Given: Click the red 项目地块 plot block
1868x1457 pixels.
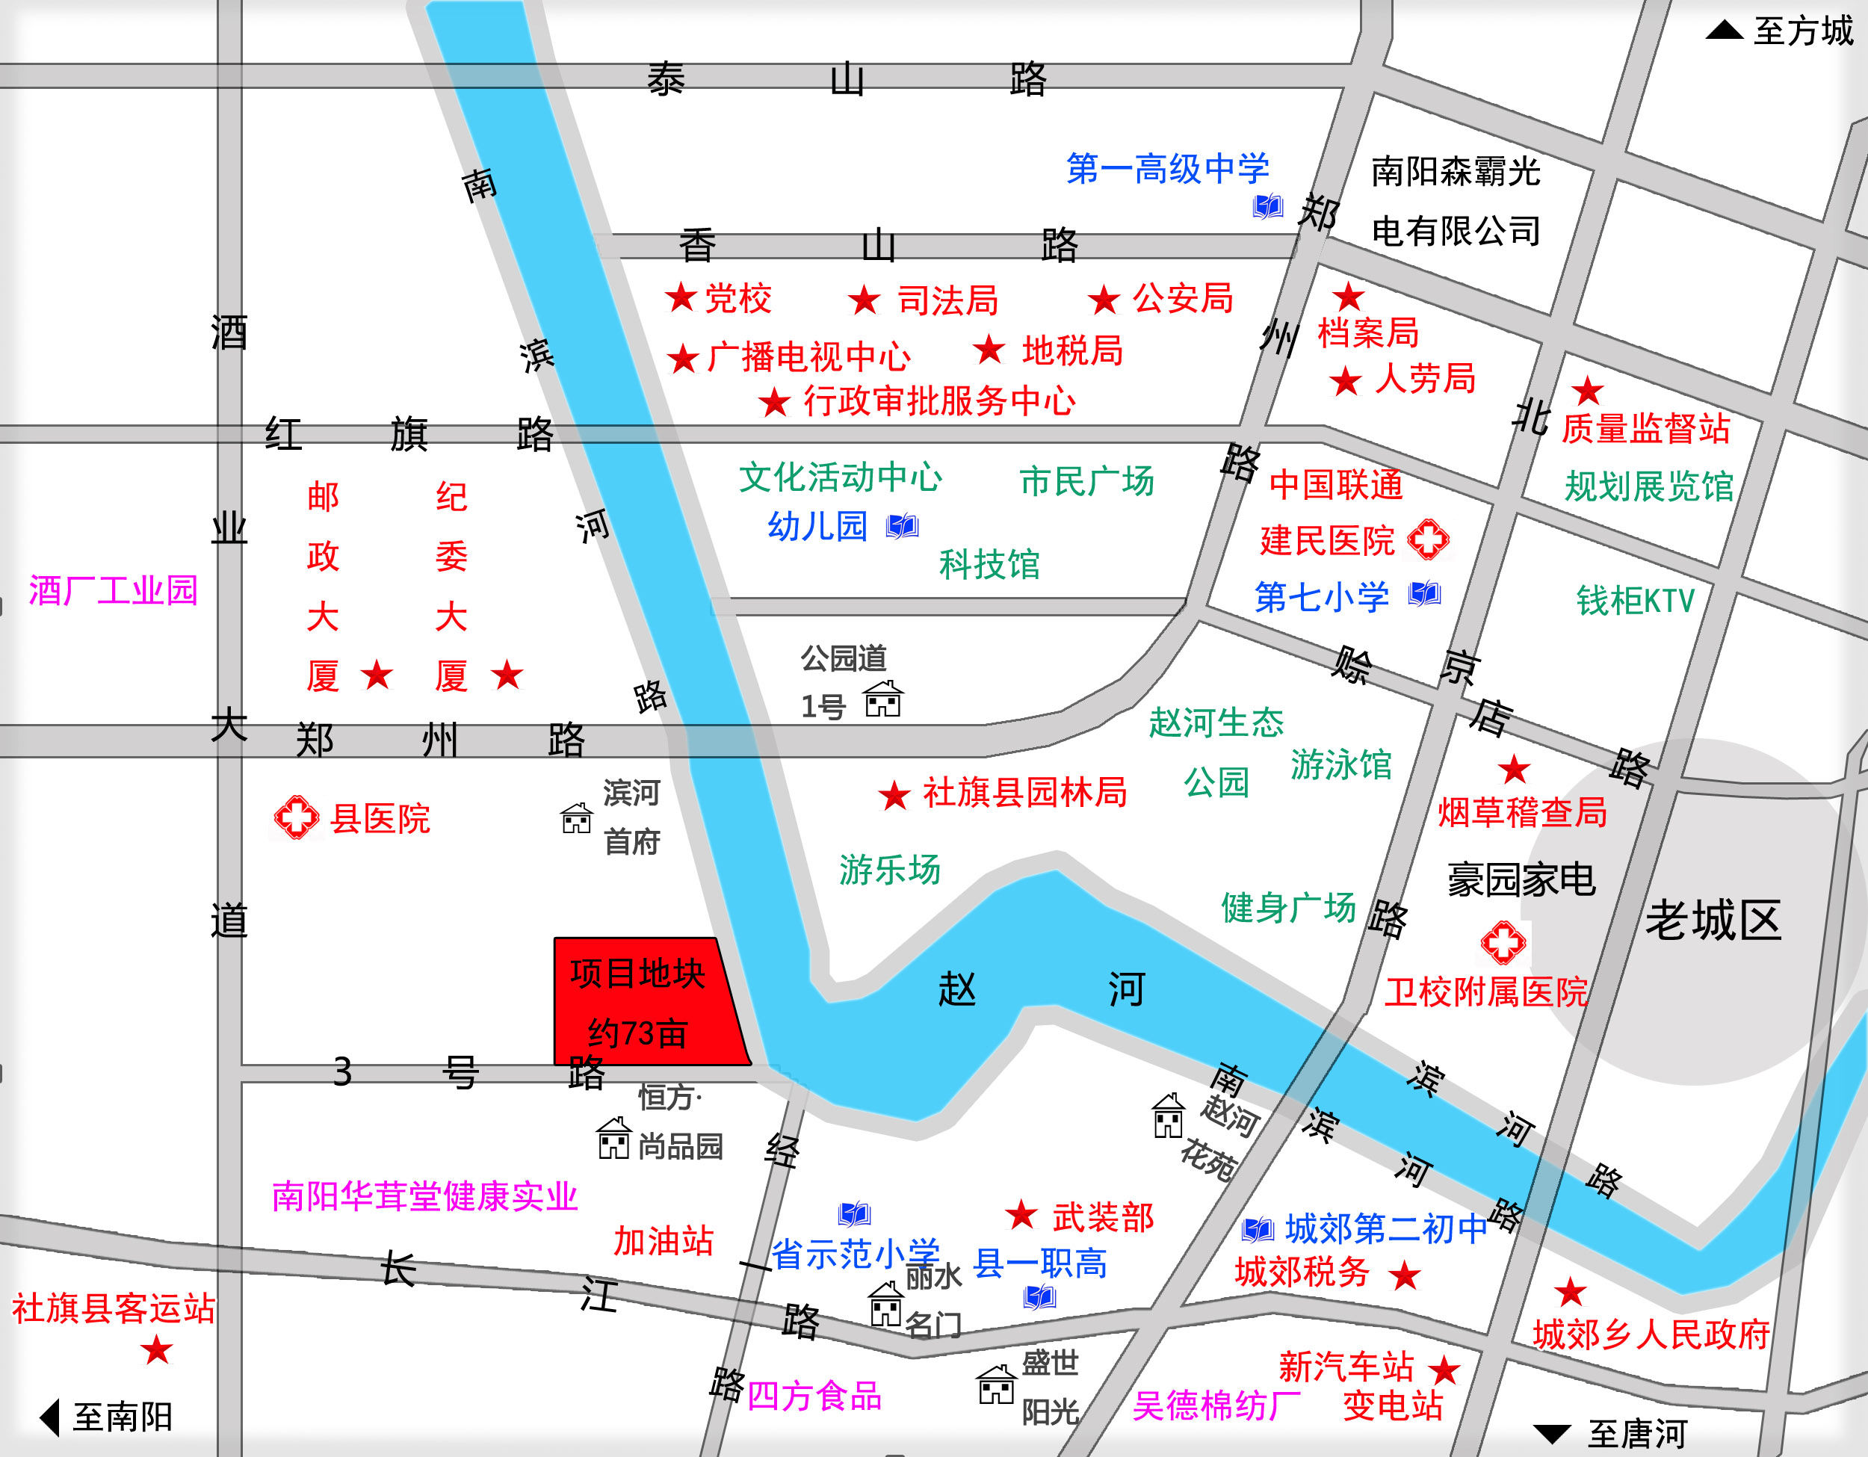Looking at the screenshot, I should point(646,1002).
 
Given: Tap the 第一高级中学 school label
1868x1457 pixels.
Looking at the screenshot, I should point(1167,168).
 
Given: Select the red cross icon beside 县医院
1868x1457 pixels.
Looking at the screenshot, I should point(296,817).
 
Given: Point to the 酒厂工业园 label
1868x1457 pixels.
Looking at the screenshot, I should point(113,590).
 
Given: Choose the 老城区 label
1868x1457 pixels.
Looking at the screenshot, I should point(1713,921).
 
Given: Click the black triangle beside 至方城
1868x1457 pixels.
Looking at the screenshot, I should point(1725,31).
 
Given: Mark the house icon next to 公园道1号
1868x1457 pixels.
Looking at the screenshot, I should point(882,699).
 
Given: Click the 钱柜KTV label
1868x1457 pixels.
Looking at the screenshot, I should point(1635,601).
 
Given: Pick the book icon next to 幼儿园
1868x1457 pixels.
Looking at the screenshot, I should point(903,526).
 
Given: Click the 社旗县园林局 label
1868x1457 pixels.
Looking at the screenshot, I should point(1024,793).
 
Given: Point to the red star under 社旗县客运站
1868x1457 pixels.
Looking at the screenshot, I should point(156,1350).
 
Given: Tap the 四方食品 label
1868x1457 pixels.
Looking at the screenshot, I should point(814,1396).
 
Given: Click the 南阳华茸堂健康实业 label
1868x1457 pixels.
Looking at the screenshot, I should point(424,1196).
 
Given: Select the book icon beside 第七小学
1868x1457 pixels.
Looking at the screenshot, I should point(1425,593).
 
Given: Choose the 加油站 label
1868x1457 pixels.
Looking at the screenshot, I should point(663,1240).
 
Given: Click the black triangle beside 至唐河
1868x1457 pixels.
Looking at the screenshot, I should point(1553,1434).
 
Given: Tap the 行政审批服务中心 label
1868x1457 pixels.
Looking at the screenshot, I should point(938,401).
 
